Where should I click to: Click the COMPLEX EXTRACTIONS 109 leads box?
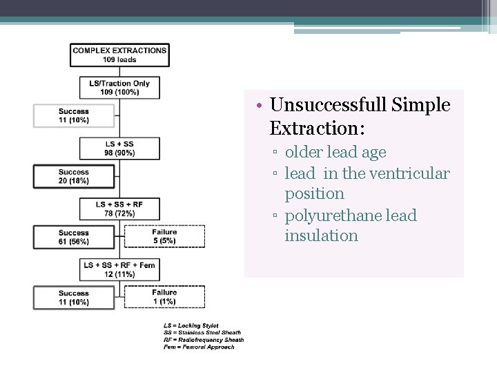119,55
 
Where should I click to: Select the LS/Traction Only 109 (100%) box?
119,88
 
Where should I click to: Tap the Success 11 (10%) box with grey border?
73,115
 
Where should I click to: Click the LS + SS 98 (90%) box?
119,149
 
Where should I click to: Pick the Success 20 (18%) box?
73,176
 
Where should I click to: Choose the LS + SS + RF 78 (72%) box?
119,209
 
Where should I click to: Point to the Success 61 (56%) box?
73,237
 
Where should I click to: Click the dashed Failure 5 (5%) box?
164,236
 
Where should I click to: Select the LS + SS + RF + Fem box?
119,269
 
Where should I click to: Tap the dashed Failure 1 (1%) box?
164,297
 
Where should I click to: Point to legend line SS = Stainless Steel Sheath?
200,332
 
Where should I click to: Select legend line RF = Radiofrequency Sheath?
203,339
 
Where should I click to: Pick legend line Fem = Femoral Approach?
199,347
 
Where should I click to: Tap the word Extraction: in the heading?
317,128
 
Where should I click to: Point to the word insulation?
321,236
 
